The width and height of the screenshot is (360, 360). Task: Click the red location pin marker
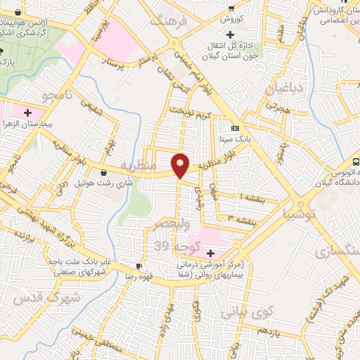tap(181, 165)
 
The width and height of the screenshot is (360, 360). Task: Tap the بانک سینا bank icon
tap(235, 128)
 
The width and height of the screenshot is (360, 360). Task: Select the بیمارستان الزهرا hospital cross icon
tap(28, 112)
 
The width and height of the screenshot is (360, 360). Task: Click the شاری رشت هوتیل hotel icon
tap(104, 172)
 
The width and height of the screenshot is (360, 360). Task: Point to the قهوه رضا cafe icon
tap(139, 266)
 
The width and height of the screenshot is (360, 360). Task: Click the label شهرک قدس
tap(34, 300)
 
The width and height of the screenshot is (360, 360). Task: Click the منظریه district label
tap(150, 169)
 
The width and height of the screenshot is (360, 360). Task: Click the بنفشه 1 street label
tap(251, 198)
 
